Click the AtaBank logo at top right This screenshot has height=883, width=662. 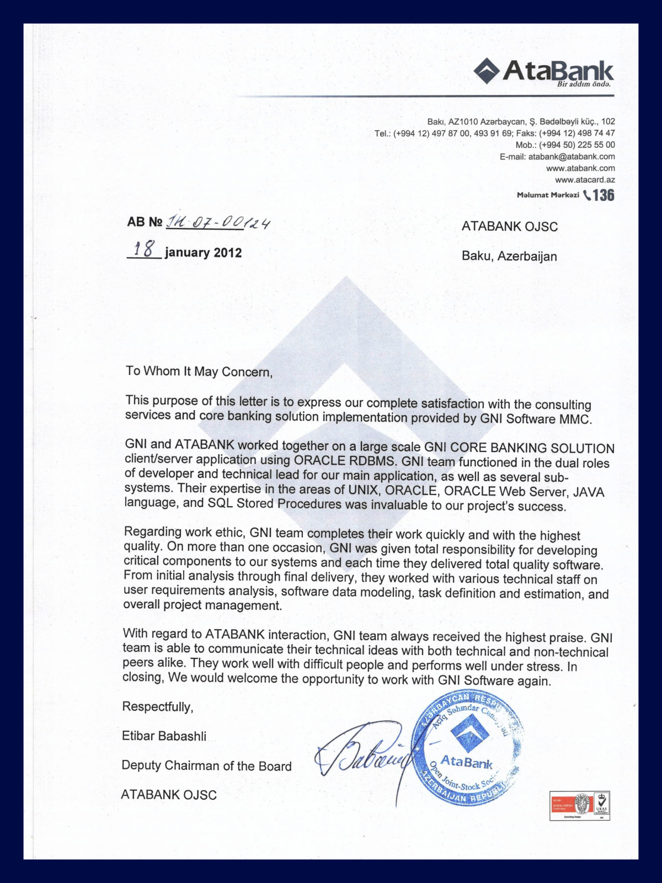[543, 72]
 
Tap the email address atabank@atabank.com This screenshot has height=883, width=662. [572, 157]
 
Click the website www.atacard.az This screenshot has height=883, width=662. [585, 180]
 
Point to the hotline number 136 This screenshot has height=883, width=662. [604, 195]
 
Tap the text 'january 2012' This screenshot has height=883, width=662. [203, 253]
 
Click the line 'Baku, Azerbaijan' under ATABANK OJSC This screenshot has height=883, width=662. [509, 256]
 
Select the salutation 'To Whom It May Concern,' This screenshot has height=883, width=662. [199, 371]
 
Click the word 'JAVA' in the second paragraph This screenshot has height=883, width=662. [589, 492]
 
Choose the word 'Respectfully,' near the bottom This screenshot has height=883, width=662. [158, 707]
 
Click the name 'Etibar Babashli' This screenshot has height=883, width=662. [164, 736]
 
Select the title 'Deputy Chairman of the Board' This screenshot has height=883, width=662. [206, 765]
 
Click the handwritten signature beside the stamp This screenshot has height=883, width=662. [364, 756]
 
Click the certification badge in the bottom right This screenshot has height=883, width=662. [579, 805]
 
